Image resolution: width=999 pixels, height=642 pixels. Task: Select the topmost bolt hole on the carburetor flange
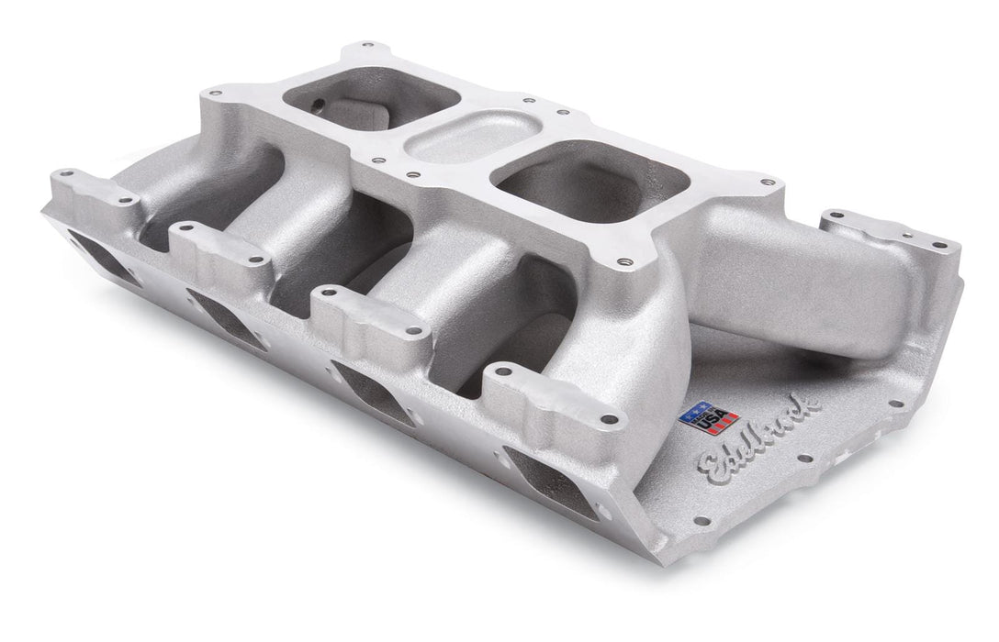(x=367, y=44)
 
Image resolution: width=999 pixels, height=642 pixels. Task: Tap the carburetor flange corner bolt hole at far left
(x=217, y=92)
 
